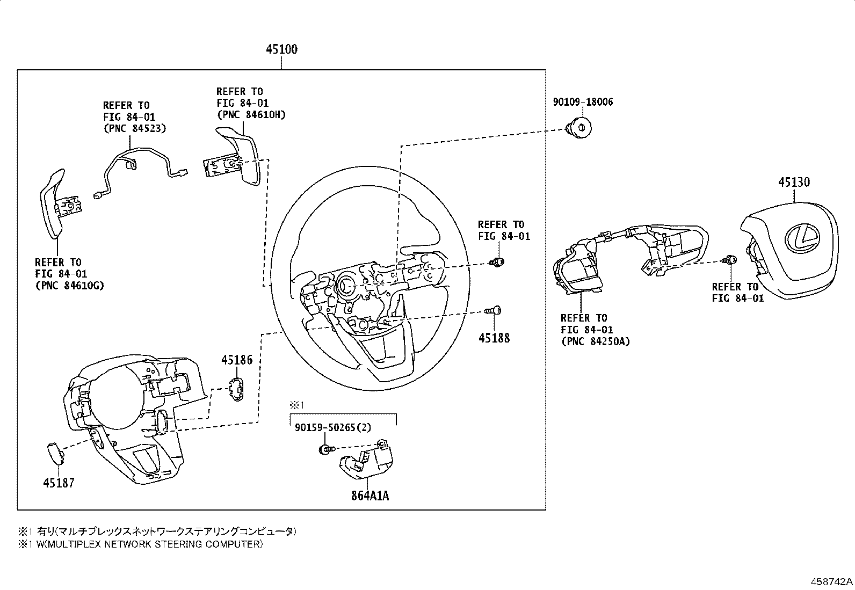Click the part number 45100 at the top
pos(282,49)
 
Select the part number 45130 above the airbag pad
pos(794,182)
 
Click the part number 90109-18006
pos(583,102)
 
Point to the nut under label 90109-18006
pos(578,128)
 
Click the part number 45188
pos(494,338)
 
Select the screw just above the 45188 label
pos(493,311)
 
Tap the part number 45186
pos(237,360)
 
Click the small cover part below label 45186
pos(237,389)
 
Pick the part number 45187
pos(59,483)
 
